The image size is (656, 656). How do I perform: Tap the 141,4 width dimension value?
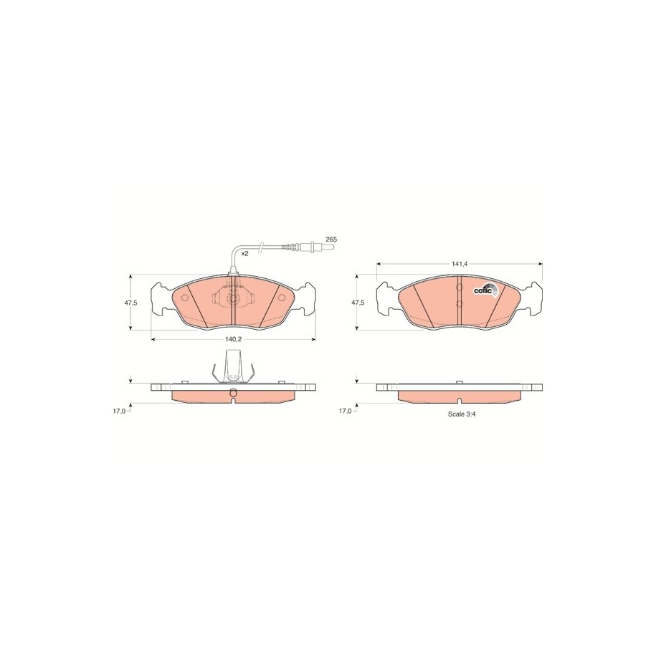point(459,264)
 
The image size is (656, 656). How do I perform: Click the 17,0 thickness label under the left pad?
point(119,412)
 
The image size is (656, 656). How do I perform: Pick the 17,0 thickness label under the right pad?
point(345,412)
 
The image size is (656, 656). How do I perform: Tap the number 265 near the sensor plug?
point(331,239)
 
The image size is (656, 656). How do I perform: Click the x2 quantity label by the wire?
point(245,254)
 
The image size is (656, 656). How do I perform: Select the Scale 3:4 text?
point(462,414)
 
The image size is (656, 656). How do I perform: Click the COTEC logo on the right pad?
point(485,290)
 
